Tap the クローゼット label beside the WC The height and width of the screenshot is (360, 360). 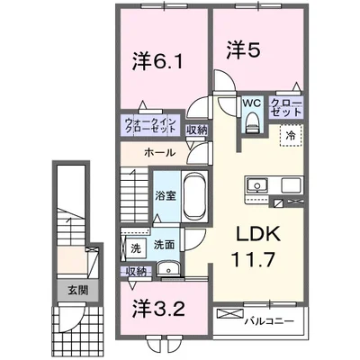click(286, 110)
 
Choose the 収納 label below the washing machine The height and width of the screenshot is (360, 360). click(136, 271)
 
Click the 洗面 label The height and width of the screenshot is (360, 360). click(163, 244)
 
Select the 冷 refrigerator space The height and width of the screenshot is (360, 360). click(292, 135)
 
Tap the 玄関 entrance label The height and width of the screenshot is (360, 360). click(68, 290)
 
